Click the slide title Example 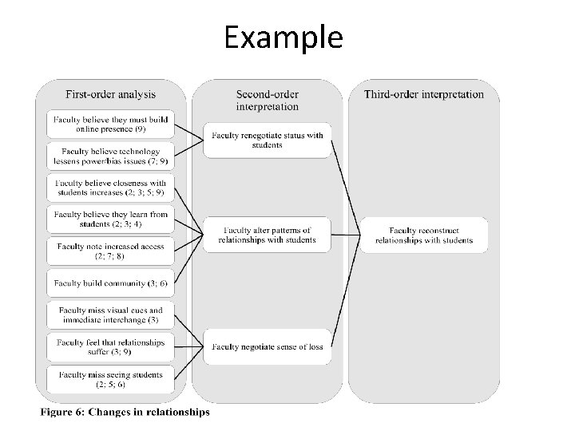pos(284,38)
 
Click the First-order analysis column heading pos(110,94)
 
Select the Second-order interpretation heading pos(267,100)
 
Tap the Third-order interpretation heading pos(423,94)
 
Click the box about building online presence pos(109,124)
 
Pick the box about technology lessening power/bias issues pos(109,156)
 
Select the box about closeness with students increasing pos(109,188)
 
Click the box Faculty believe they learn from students pos(109,219)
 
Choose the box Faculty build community pos(109,283)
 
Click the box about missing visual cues pos(109,315)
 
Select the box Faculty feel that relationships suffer pos(109,346)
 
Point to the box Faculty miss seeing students pos(109,379)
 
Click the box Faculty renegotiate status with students pos(267,140)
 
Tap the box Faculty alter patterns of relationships pos(267,235)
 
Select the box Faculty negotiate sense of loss pos(267,346)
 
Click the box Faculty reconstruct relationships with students pos(423,235)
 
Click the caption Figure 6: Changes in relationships pos(125,413)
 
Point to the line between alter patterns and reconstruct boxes pos(345,235)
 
